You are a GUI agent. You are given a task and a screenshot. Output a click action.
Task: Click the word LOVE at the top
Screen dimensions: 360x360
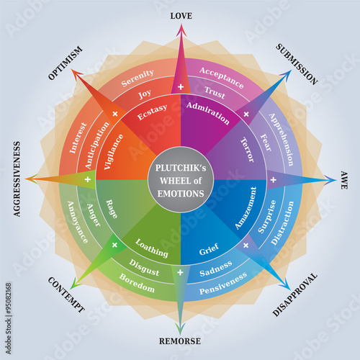point(180,15)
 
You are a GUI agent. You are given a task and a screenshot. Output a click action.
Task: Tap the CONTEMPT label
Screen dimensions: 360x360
point(66,295)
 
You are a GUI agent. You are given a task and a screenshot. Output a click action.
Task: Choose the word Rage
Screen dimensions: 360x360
point(113,210)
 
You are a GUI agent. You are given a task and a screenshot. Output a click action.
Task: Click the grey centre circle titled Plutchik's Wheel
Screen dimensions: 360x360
point(180,179)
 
